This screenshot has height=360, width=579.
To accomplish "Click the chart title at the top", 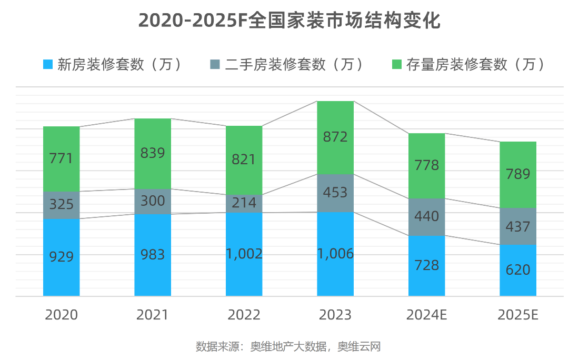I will click(x=289, y=21).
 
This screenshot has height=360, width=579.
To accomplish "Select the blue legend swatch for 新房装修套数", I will click(x=48, y=64).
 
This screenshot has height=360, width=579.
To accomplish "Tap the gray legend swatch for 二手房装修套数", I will click(x=215, y=64).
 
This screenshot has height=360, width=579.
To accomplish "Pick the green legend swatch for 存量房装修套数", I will click(x=397, y=64).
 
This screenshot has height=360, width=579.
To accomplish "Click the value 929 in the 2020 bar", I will click(x=61, y=257).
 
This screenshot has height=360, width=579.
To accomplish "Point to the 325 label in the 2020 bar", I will click(x=61, y=204).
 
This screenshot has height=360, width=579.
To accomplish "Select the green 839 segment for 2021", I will click(x=153, y=153).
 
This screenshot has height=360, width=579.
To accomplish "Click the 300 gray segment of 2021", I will click(x=153, y=201).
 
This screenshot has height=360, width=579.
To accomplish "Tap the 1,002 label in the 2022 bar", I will click(x=244, y=254).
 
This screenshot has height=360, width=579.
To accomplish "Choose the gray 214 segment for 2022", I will click(x=244, y=203).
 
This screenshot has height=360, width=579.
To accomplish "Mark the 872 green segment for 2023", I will click(x=335, y=137).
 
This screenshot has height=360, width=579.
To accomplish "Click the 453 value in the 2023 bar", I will click(x=335, y=193).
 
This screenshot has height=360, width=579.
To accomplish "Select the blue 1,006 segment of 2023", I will click(x=335, y=254).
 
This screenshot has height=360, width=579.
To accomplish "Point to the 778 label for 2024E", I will click(x=427, y=165).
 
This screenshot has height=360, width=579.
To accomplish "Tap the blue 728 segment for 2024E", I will click(x=427, y=265).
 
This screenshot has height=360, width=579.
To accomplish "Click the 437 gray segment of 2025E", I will click(x=518, y=226).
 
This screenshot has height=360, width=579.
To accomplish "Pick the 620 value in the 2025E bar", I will click(x=518, y=270).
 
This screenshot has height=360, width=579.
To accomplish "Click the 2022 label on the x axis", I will click(x=244, y=315).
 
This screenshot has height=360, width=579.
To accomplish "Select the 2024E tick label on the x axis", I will click(x=427, y=315).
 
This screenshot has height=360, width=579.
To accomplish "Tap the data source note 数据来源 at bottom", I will click(x=288, y=346).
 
